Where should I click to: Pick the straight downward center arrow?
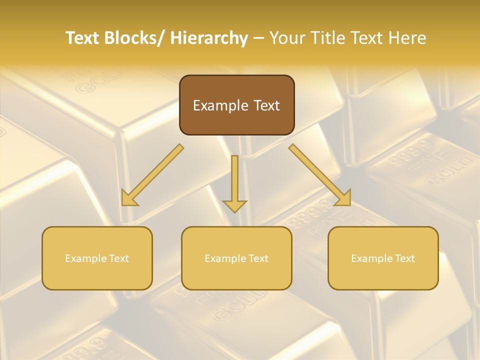[x=234, y=182]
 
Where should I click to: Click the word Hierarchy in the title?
[x=209, y=38]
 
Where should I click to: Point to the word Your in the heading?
[x=287, y=38]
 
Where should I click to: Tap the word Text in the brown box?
[x=266, y=105]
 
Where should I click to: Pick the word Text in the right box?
[x=404, y=258]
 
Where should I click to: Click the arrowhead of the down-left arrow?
[x=129, y=198]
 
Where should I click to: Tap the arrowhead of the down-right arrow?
[x=343, y=198]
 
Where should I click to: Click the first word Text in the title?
[x=82, y=38]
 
